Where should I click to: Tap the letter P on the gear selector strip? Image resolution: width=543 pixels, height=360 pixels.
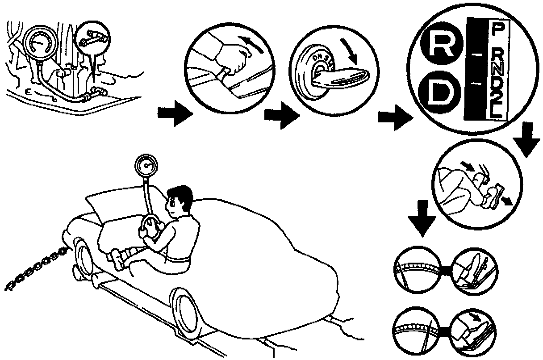pyautogui.click(x=496, y=30)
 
